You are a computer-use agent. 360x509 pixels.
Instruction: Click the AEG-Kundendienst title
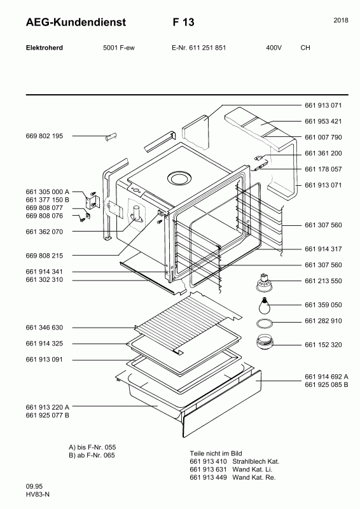click(x=76, y=22)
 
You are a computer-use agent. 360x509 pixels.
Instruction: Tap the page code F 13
click(x=183, y=22)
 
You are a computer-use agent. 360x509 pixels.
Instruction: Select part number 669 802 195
click(x=44, y=136)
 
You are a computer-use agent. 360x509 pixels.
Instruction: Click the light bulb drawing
click(x=264, y=305)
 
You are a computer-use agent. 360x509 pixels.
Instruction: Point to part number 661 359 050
click(x=323, y=305)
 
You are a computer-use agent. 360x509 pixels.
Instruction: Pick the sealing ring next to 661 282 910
click(x=264, y=324)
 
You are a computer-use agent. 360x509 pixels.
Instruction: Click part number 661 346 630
click(x=44, y=328)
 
